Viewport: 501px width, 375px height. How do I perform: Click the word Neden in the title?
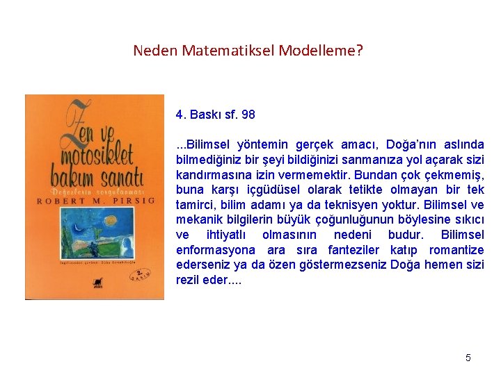(x=155, y=51)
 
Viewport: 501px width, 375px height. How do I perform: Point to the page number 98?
(x=248, y=114)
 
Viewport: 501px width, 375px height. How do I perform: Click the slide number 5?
(x=468, y=358)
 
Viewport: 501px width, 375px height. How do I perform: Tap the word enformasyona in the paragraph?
(x=214, y=249)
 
